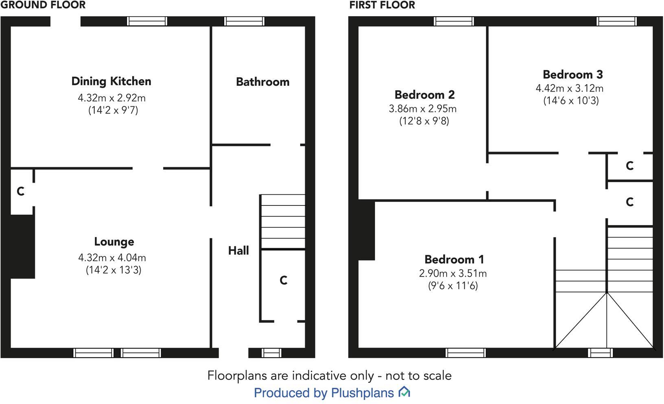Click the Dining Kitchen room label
111,81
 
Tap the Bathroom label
262,82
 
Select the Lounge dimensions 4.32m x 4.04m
112,258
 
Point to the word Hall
238,251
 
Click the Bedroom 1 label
454,259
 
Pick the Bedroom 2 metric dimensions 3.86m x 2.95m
422,109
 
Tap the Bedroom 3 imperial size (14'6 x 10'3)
571,100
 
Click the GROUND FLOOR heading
43,5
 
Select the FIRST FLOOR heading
382,5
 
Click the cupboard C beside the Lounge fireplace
21,191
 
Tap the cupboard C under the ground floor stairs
284,280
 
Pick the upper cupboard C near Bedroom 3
629,166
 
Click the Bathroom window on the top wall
244,21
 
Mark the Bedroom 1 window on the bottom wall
465,352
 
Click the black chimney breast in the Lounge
22,246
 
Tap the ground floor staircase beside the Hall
283,222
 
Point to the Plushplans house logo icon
404,392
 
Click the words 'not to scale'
418,375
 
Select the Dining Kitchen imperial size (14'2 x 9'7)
113,110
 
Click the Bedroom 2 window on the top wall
454,21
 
